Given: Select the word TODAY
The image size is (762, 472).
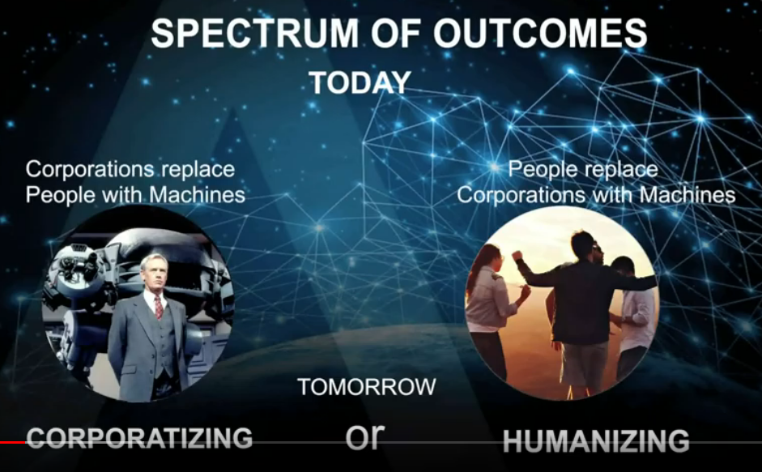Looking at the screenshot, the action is pyautogui.click(x=360, y=83).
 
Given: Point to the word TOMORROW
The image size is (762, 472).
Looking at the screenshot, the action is pyautogui.click(x=367, y=387).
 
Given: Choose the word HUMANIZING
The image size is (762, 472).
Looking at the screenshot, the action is pyautogui.click(x=596, y=441).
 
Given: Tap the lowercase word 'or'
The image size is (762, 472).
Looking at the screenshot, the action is pyautogui.click(x=365, y=436).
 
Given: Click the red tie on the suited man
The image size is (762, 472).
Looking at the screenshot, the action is pyautogui.click(x=159, y=307).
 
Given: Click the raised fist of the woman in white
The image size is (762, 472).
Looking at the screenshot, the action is pyautogui.click(x=516, y=256).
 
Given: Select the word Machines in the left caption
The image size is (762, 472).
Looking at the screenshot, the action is pyautogui.click(x=198, y=195).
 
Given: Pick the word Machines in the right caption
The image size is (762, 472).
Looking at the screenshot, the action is pyautogui.click(x=688, y=195).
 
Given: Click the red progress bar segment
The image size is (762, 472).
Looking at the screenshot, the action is pyautogui.click(x=13, y=442).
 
